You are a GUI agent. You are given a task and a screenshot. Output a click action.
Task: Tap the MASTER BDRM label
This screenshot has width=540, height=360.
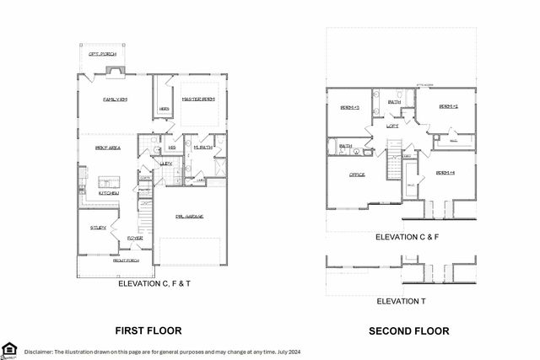tap(199, 99)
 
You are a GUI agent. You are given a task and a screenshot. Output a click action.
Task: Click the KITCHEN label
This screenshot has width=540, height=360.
tap(108, 193)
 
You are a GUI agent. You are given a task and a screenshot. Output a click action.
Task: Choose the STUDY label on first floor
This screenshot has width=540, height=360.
tap(98, 227)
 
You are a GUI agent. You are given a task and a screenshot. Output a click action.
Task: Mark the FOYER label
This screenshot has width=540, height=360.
tap(135, 239)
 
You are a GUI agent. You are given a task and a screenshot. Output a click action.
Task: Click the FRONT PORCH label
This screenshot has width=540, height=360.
tap(127, 261)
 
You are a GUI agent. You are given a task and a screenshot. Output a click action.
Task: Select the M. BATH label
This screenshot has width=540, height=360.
tap(202, 148)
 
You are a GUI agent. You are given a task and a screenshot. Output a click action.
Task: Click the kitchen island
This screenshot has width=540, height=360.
tap(107, 181)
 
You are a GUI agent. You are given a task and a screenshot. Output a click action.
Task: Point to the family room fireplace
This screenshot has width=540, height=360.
tap(113, 71)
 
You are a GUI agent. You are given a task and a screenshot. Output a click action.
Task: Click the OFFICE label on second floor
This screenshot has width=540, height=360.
tap(357, 175)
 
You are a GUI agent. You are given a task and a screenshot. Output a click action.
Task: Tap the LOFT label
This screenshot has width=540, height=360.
tap(392, 126)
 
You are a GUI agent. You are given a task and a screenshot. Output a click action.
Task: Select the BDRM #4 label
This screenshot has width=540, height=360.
tap(445, 173)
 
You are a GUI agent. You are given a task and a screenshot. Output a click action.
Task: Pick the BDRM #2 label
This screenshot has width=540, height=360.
tap(448, 106)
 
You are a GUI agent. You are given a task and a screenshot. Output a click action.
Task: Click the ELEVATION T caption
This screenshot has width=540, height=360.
tap(400, 301)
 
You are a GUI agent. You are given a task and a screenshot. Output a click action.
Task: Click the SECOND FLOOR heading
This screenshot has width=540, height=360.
tap(408, 330)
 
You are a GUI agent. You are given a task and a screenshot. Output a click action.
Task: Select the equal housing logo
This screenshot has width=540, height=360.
tap(9, 349)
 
